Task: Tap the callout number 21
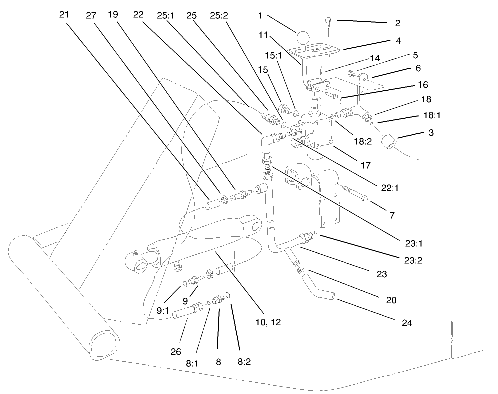coord(63,15)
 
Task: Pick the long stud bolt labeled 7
coord(357,193)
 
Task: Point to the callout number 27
coord(91,15)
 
